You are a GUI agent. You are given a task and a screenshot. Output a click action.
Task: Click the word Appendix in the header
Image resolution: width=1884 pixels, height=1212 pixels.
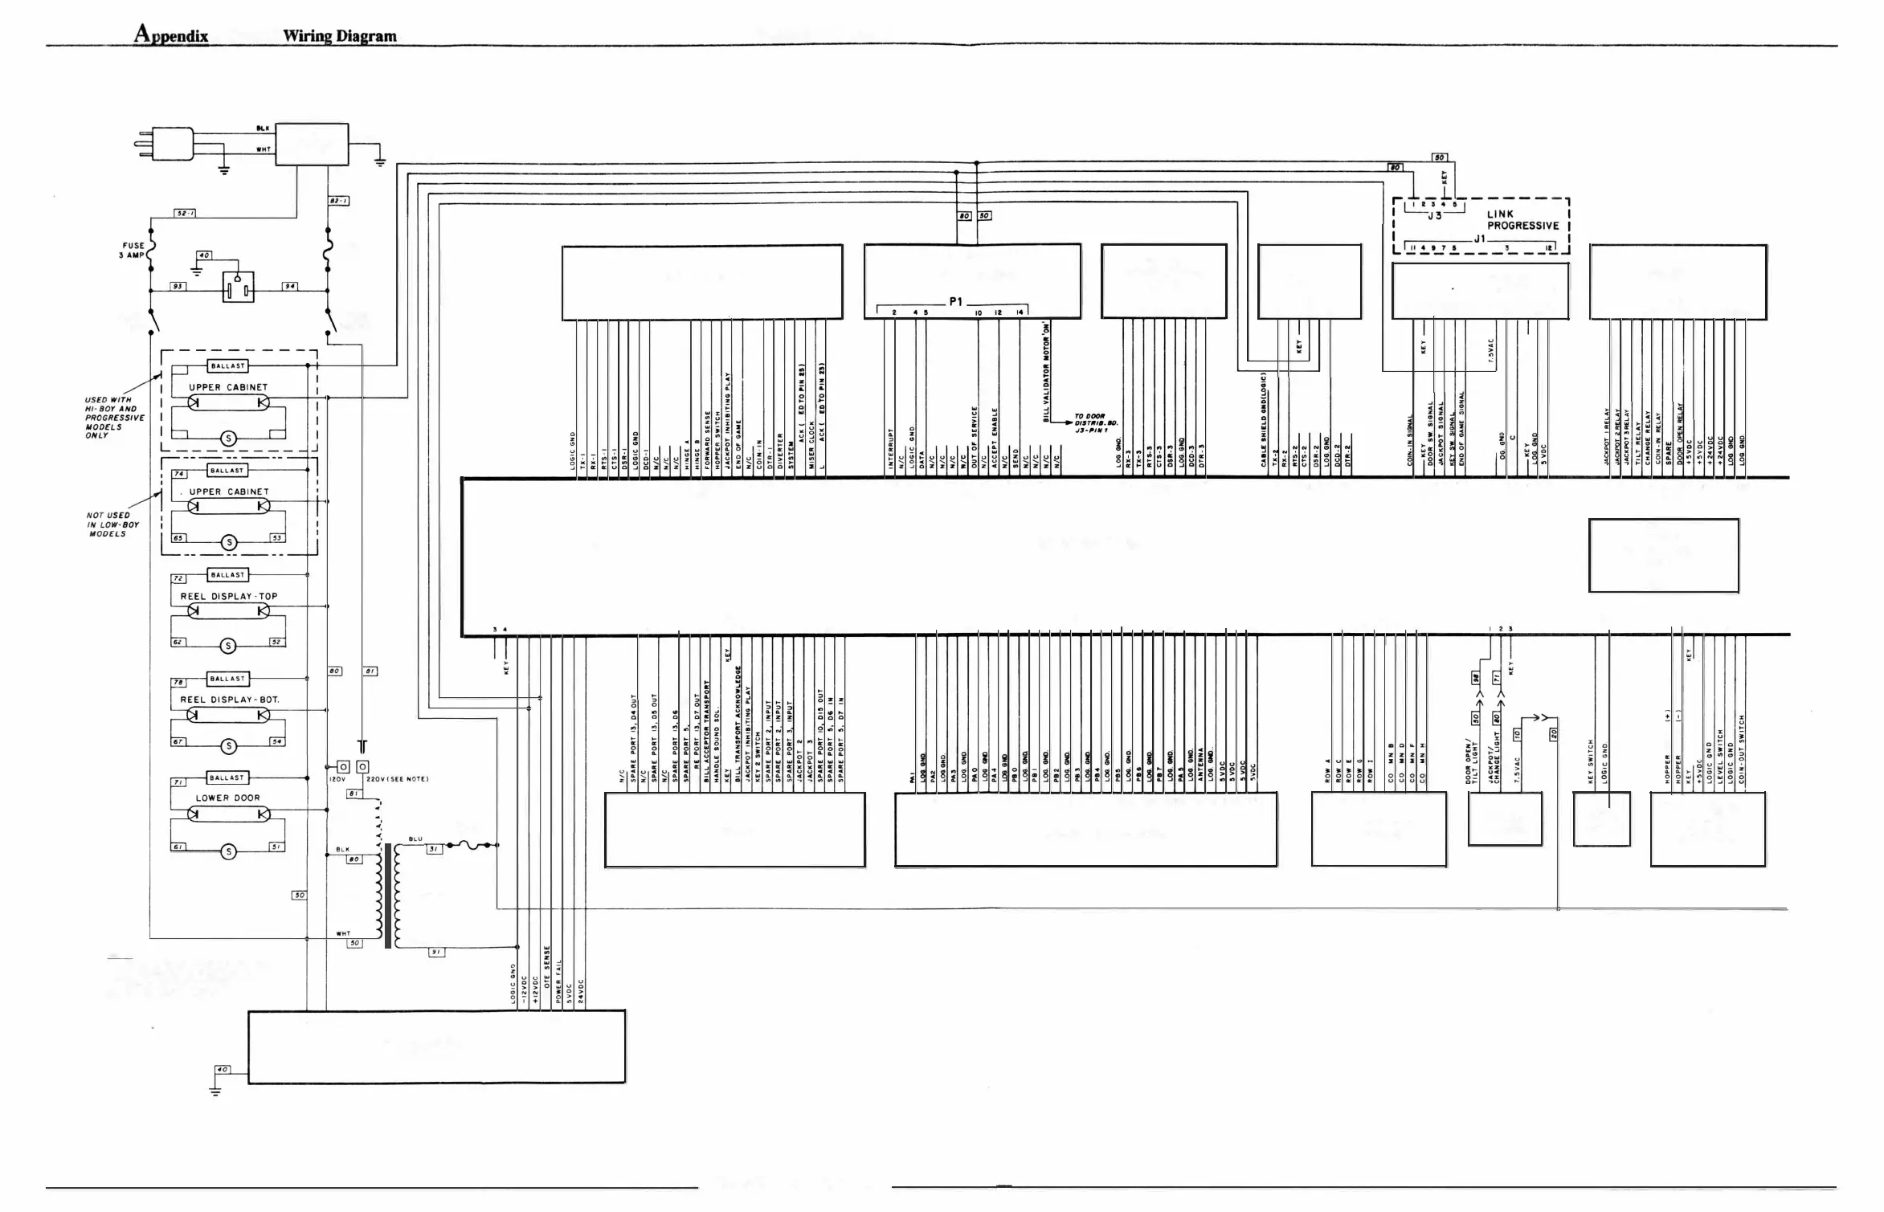(171, 35)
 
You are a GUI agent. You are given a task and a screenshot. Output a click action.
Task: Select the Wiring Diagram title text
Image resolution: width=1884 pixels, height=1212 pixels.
(339, 35)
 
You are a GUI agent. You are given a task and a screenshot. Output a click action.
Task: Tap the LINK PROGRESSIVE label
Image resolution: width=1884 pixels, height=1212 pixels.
(1522, 220)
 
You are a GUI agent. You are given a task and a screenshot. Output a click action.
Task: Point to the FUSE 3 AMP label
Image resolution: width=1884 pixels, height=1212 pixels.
(133, 251)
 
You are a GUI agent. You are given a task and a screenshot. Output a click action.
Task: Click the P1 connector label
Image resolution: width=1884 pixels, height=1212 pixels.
(955, 302)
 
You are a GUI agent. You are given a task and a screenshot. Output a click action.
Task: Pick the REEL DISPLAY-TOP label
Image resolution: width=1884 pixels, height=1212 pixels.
(228, 597)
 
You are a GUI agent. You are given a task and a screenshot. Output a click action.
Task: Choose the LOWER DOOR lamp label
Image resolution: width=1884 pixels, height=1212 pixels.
(228, 798)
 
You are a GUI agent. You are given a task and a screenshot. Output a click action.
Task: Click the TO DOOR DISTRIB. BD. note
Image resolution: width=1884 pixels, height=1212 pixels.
(1096, 423)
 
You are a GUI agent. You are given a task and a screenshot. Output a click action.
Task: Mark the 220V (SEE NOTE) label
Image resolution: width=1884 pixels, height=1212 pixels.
(397, 779)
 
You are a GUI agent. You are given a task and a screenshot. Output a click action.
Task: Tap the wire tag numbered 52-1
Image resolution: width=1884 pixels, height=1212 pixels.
(186, 213)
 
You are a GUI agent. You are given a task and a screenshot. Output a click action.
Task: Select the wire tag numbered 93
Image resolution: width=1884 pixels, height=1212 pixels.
(178, 287)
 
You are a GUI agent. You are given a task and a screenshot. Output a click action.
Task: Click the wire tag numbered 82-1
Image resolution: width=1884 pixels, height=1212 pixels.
(339, 201)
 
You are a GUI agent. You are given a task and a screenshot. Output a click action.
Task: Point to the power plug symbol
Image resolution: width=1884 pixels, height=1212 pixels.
(166, 145)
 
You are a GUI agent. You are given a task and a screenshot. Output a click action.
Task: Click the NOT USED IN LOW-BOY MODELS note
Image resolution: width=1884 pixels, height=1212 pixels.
(112, 524)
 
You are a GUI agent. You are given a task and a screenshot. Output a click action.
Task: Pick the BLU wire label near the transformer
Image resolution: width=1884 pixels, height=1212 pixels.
(415, 839)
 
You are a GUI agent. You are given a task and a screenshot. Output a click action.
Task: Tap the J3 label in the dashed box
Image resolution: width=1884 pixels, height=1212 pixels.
(1435, 215)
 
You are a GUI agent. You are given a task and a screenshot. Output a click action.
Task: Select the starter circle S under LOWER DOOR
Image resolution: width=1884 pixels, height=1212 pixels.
(228, 852)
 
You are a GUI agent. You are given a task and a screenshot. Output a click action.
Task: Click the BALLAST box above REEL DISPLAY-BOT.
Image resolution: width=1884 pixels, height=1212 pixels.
(228, 679)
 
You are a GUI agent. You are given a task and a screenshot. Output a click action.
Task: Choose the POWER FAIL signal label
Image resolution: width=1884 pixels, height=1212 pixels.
(558, 981)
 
